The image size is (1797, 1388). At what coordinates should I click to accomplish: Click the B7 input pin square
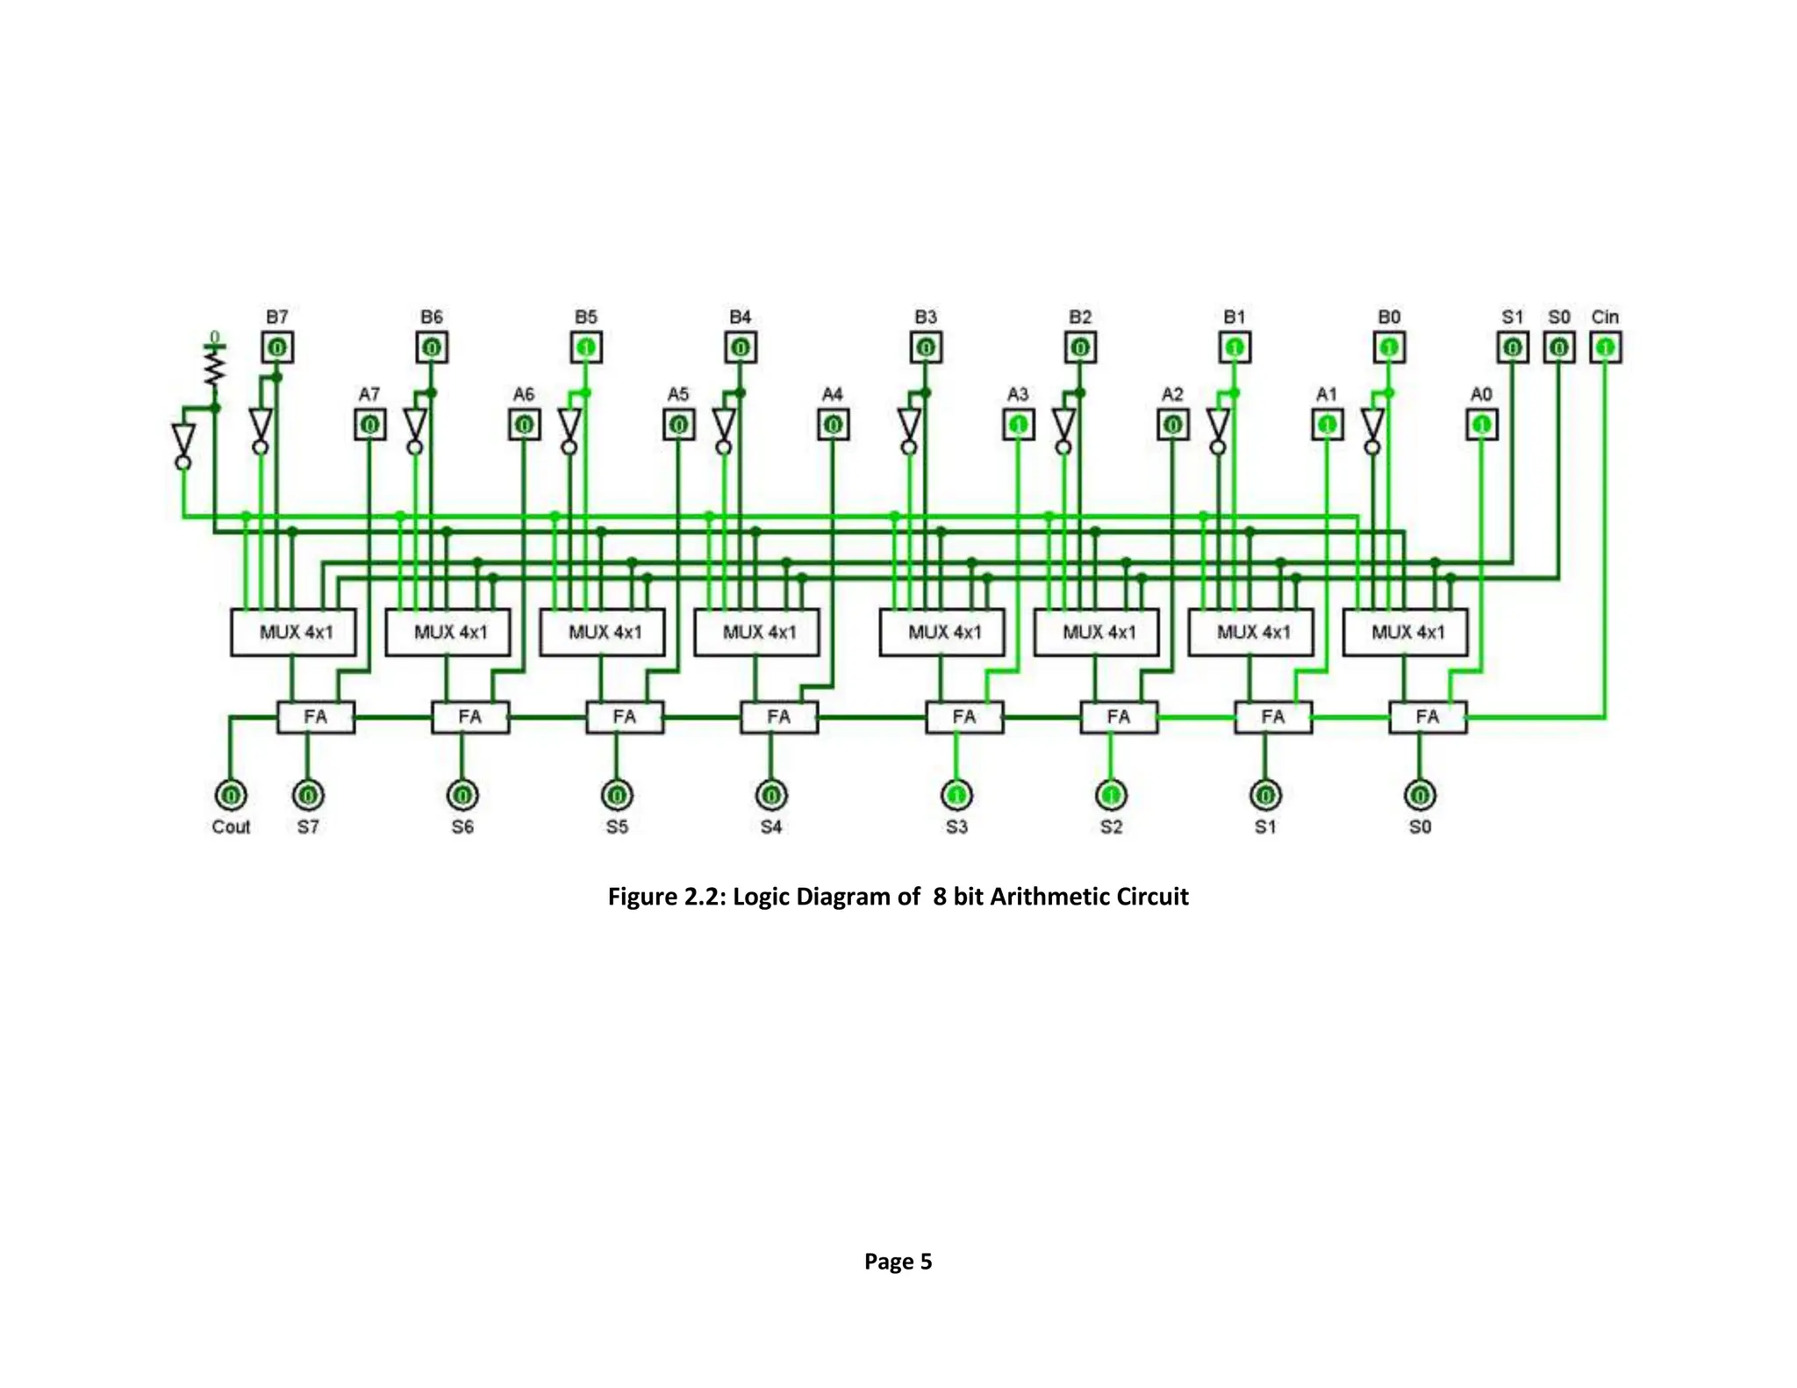277,347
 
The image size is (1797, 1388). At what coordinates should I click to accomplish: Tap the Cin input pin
1605,347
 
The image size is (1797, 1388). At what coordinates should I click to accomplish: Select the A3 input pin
1018,426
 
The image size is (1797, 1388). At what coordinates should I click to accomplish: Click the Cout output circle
231,795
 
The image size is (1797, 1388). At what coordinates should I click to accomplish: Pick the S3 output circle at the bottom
956,795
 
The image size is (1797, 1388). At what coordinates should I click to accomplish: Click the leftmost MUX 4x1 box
293,632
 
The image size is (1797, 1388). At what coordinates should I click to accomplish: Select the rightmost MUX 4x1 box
1405,632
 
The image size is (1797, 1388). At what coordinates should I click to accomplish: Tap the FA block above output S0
1427,717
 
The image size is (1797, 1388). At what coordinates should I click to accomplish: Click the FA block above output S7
316,717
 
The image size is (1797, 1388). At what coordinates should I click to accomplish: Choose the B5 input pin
586,347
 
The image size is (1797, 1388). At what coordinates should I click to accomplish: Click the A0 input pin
1481,426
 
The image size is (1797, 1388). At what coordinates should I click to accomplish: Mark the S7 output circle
308,795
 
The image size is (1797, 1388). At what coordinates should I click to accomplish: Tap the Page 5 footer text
898,1261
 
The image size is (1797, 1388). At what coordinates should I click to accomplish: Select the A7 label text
369,395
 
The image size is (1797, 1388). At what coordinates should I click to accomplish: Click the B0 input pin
1389,347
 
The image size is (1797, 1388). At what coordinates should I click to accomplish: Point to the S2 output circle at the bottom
1111,795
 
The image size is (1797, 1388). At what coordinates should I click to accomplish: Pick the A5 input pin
678,426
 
